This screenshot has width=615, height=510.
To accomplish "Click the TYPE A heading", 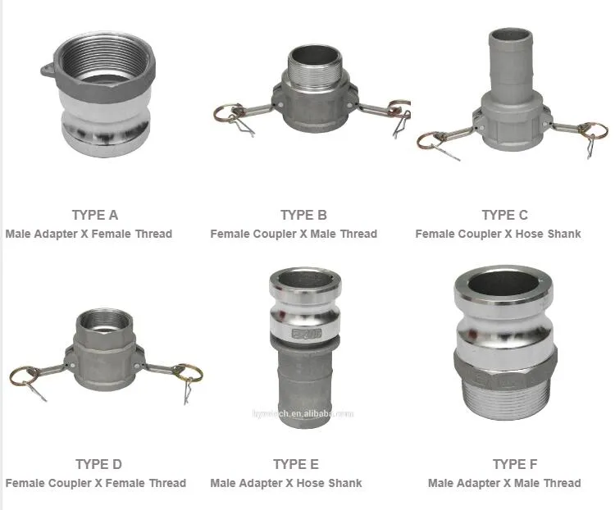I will (95, 215).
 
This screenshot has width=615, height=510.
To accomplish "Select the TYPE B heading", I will (303, 215).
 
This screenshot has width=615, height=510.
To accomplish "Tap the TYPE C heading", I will (504, 215).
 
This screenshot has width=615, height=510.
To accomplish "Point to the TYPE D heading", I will (98, 464).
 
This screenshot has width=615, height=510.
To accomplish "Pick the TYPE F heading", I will (515, 464).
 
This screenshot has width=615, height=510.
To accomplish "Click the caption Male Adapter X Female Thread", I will (89, 234).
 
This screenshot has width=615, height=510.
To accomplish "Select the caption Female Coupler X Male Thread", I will (294, 234).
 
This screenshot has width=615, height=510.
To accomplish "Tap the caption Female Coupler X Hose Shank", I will (498, 234).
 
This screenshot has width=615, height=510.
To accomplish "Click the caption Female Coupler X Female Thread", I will (96, 483).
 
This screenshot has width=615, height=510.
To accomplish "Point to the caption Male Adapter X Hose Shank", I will (286, 483).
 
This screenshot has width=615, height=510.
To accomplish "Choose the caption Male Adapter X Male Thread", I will (504, 483).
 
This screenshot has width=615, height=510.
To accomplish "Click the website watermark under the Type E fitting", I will (303, 414).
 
